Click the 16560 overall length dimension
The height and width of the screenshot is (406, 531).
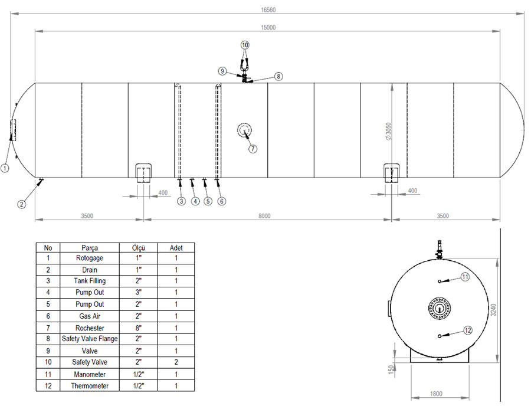[268, 10]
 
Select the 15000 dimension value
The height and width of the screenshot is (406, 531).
[268, 27]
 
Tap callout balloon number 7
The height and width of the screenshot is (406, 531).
[253, 149]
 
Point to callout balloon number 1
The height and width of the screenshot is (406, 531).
[5, 168]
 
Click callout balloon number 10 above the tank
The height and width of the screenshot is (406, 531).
[245, 45]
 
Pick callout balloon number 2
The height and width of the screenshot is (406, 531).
[22, 204]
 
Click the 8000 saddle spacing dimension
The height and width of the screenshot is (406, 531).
[264, 216]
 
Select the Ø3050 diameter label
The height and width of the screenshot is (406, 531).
[388, 132]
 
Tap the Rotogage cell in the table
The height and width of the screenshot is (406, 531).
[90, 258]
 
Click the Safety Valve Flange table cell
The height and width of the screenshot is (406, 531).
[90, 339]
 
